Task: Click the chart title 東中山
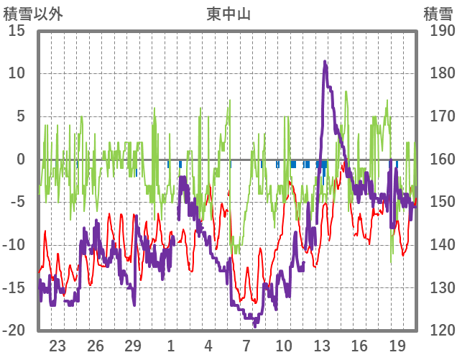[x=228, y=14]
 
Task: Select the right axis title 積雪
[x=438, y=14]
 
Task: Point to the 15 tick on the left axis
[x=16, y=31]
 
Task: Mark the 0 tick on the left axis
[x=20, y=160]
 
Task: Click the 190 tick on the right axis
[x=438, y=31]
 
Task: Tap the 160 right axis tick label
[x=438, y=160]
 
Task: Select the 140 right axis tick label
[x=438, y=245]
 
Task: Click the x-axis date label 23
[x=57, y=345]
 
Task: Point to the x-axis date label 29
[x=133, y=345]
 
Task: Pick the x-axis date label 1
[x=171, y=345]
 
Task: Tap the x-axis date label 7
[x=246, y=345]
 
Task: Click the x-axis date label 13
[x=322, y=345]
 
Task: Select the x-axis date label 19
[x=397, y=345]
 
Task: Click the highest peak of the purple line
[x=326, y=63]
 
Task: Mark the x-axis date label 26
[x=96, y=345]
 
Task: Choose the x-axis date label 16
[x=359, y=345]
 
